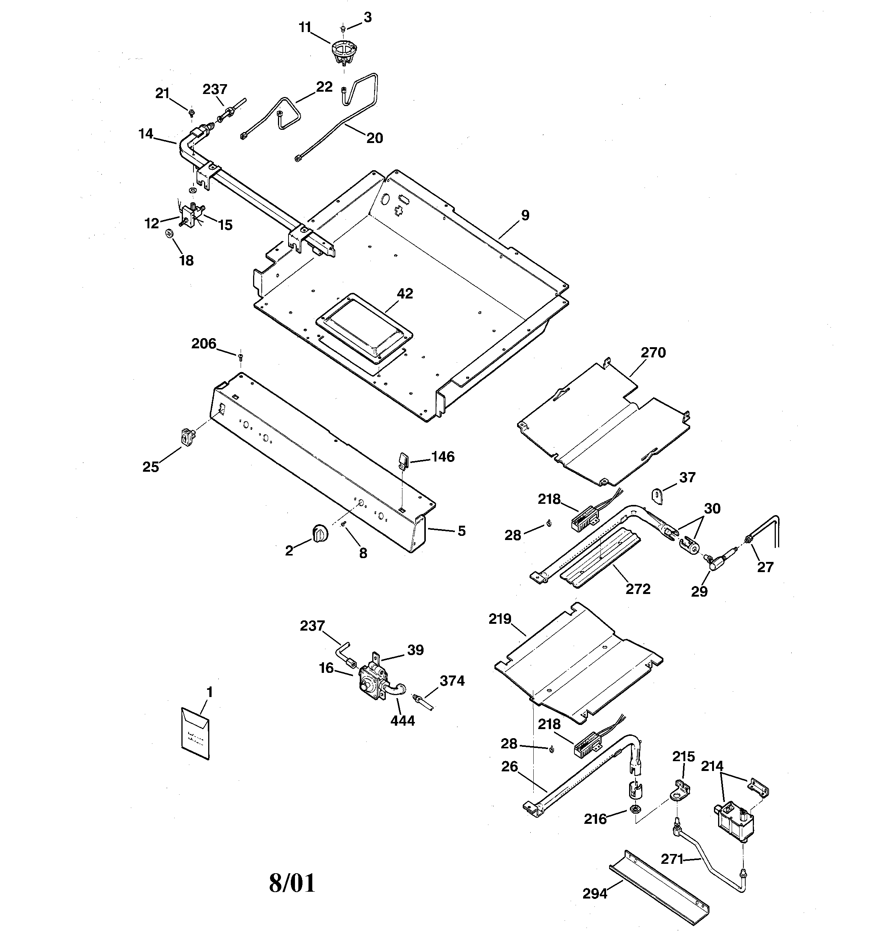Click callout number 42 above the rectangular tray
coord(405,294)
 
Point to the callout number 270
coord(653,352)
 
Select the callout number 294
coord(595,894)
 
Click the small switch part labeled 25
coord(187,437)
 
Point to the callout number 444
coord(402,721)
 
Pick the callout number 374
coord(452,681)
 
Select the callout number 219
coord(500,619)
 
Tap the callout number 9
coord(525,215)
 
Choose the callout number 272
coord(638,589)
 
